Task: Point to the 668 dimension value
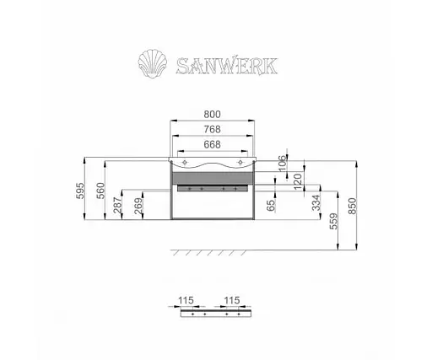pyautogui.click(x=214, y=146)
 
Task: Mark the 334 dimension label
pyautogui.click(x=315, y=204)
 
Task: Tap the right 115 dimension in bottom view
pyautogui.click(x=234, y=298)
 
